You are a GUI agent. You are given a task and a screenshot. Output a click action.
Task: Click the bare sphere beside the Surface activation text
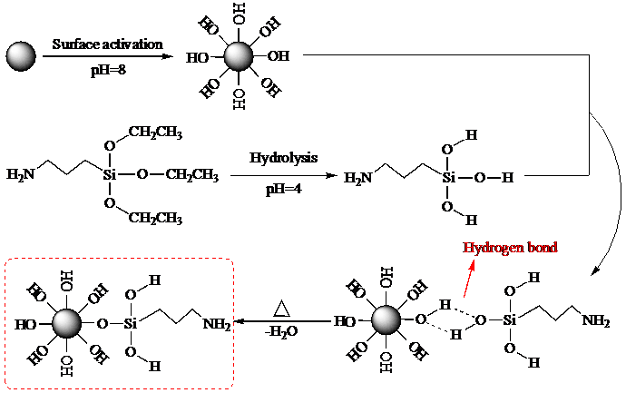(x=20, y=56)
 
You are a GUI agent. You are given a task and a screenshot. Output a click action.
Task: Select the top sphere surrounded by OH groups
(x=238, y=56)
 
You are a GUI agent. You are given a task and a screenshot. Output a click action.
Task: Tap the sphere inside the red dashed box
(x=65, y=322)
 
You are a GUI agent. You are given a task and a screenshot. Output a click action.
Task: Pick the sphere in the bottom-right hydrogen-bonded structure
(x=386, y=319)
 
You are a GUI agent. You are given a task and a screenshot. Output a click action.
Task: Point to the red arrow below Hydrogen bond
(x=469, y=278)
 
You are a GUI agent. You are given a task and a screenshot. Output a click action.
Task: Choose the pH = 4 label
(x=284, y=189)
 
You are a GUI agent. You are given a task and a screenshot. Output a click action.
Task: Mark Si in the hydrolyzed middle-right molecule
(x=447, y=178)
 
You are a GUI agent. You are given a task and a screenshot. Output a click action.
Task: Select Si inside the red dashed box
(x=130, y=322)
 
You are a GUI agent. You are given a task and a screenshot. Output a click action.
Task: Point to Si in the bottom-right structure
(x=511, y=319)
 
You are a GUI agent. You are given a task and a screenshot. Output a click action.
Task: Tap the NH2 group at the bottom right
(x=596, y=319)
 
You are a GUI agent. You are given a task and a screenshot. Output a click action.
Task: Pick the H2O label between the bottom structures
(x=283, y=332)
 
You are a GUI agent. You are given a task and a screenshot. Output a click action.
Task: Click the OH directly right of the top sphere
(x=279, y=56)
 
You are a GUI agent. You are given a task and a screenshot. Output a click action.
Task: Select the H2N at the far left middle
(x=21, y=173)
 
